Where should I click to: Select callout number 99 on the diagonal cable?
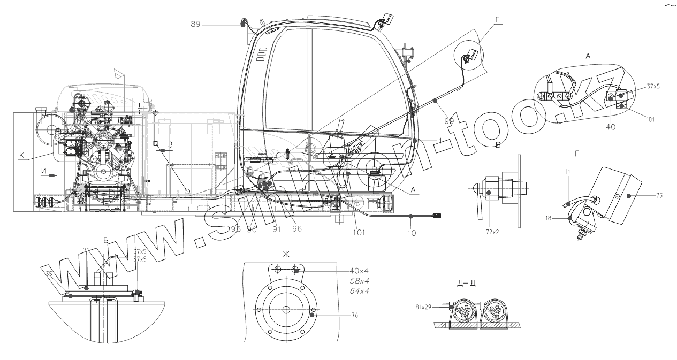(449, 121)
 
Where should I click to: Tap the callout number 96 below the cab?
(296, 228)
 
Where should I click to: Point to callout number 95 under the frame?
(236, 229)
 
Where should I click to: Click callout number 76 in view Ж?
(355, 316)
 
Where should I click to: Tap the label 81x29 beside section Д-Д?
(423, 307)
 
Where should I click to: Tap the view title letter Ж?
(286, 254)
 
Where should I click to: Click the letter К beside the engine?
(21, 156)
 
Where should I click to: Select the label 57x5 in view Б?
(139, 259)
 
